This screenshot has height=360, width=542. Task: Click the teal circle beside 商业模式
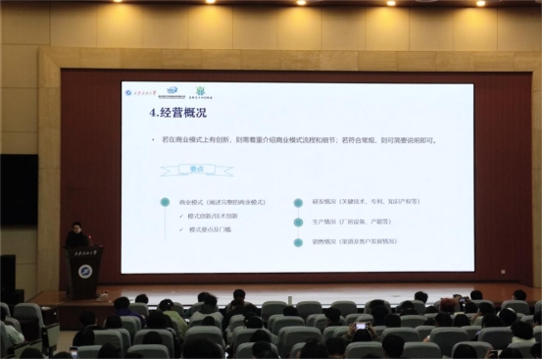coord(165,203)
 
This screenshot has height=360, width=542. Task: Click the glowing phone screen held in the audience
coord(360,323)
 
